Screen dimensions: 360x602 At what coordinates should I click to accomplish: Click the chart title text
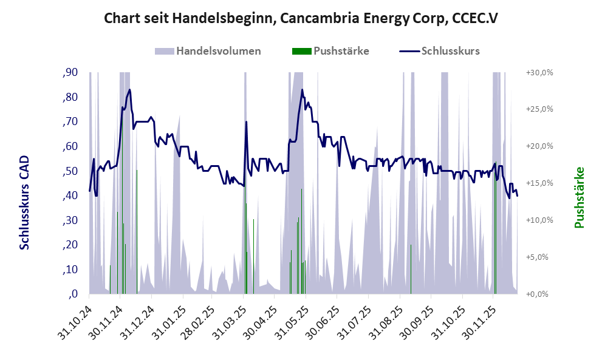[301, 18]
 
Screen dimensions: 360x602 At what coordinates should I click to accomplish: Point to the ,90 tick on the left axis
[70, 73]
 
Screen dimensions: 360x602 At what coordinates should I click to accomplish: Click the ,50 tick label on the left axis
[70, 171]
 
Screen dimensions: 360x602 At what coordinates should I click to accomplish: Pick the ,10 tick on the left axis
[70, 270]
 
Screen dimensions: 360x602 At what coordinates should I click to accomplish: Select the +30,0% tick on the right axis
[539, 72]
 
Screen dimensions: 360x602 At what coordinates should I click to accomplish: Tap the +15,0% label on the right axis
[539, 183]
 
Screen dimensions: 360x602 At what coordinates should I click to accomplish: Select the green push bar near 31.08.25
[411, 269]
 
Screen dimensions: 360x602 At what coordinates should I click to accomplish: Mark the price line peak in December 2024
[129, 90]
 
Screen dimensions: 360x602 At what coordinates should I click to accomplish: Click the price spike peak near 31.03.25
[246, 122]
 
